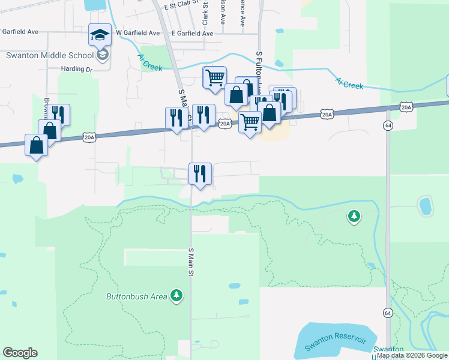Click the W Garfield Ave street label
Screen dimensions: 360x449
click(x=138, y=33)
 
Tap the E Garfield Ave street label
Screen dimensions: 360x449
click(x=192, y=34)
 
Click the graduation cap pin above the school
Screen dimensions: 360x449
click(x=100, y=35)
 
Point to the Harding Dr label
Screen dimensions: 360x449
click(x=77, y=69)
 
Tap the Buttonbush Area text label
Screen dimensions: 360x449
click(x=137, y=296)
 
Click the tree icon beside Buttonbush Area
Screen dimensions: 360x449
click(x=176, y=295)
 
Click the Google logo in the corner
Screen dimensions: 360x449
click(x=20, y=353)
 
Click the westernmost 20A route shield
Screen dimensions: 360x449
click(x=89, y=137)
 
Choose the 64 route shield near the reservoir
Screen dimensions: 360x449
click(x=388, y=313)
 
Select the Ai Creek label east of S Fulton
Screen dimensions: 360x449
click(x=349, y=83)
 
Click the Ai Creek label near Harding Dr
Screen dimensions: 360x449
click(x=149, y=62)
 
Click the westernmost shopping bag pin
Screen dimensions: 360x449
click(x=37, y=145)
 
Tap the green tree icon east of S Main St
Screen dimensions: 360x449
click(x=354, y=215)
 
